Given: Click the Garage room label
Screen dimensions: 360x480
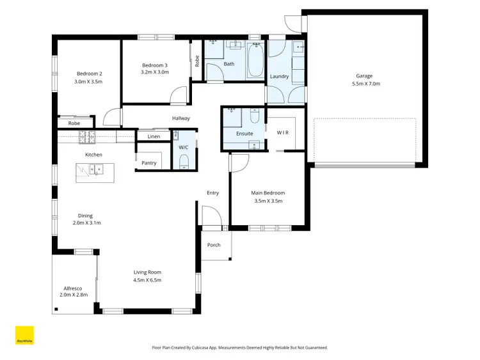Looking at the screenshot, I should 364,76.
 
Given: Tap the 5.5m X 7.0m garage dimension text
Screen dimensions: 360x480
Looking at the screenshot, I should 364,84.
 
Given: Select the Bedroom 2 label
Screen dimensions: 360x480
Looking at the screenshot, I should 89,74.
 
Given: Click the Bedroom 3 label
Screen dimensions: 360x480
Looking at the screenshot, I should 155,65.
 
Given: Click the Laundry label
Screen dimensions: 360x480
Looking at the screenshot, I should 279,76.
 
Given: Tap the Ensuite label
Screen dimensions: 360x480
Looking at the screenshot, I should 244,134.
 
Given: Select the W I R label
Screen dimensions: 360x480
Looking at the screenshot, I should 284,132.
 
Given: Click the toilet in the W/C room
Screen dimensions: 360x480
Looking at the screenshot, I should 184,160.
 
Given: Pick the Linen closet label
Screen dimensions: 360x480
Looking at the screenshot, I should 154,137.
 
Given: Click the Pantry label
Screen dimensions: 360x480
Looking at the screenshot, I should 148,163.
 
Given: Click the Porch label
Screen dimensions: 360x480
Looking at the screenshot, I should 214,245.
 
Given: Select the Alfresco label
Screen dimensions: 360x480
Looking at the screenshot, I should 72,287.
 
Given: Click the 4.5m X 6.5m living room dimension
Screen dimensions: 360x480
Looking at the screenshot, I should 147,280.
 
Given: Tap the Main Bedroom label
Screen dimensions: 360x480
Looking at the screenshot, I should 268,192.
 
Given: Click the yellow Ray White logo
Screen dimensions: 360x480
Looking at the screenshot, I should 24,336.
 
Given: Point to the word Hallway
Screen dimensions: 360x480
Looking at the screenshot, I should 181,118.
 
